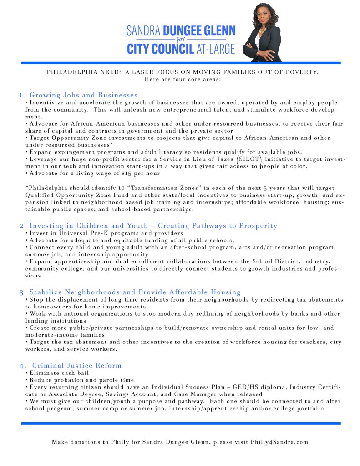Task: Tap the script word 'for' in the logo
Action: (x=181, y=39)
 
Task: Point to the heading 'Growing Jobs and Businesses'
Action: (x=83, y=95)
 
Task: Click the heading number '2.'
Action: (x=22, y=226)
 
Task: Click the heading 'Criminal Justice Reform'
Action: (x=77, y=365)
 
